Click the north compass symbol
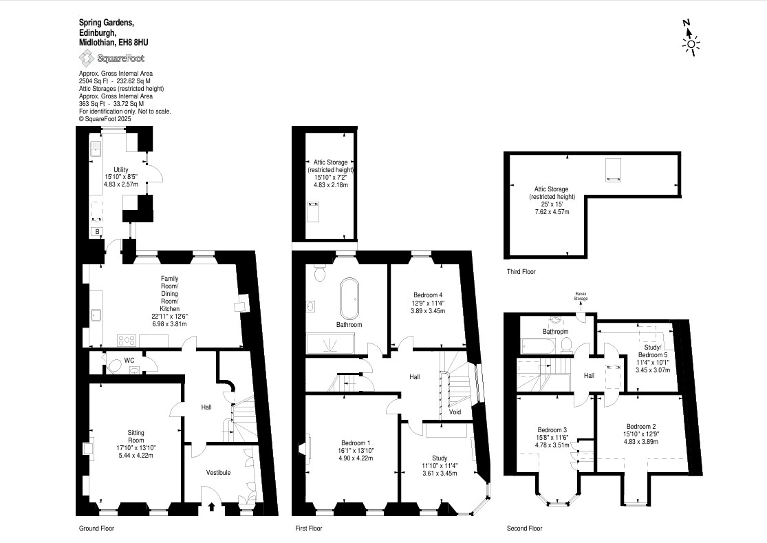coord(690,38)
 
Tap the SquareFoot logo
coord(112,58)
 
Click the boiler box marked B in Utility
coord(98,231)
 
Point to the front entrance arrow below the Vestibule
coord(211,507)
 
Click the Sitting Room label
coord(136,436)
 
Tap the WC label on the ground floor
coord(129,361)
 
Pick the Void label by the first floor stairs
coord(455,412)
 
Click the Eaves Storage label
coord(581,296)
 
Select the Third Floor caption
coord(521,271)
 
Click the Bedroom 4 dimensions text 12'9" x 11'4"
coord(428,303)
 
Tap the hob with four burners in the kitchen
coord(126,340)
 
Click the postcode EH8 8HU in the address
coord(136,43)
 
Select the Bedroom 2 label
coord(641,426)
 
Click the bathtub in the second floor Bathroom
coord(538,346)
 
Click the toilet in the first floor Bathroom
coord(321,273)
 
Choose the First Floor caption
coord(309,529)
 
